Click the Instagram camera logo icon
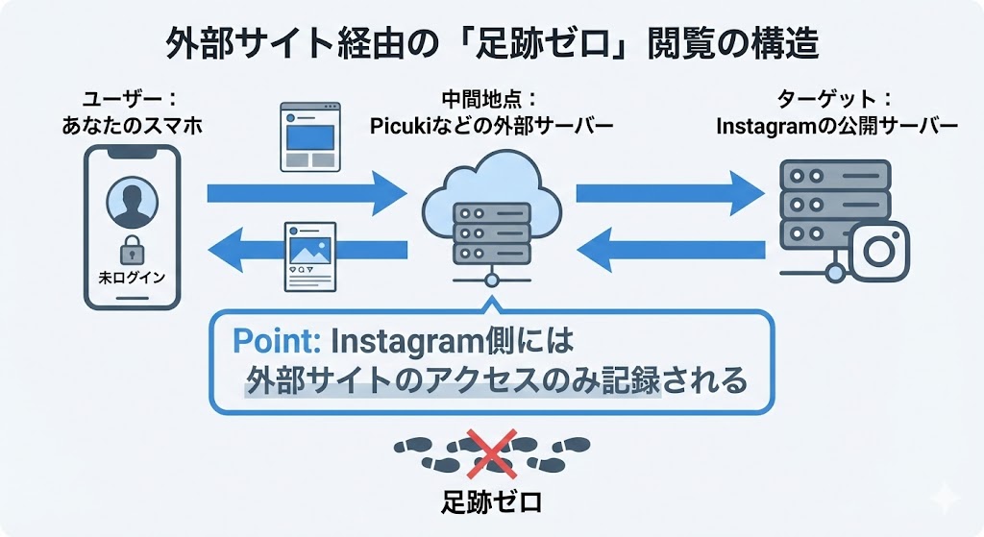(x=878, y=251)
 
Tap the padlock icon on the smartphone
(x=132, y=253)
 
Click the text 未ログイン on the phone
(x=132, y=278)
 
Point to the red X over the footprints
(x=492, y=454)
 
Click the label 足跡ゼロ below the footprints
(x=492, y=502)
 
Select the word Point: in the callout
(x=278, y=340)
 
